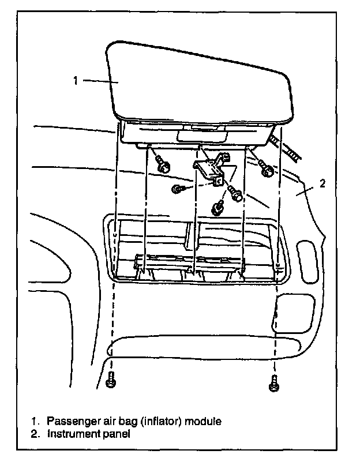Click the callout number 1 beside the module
click(x=75, y=81)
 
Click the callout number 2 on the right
click(x=322, y=184)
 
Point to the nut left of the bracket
click(x=178, y=189)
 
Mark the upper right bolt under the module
click(x=266, y=170)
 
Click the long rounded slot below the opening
click(x=205, y=348)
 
